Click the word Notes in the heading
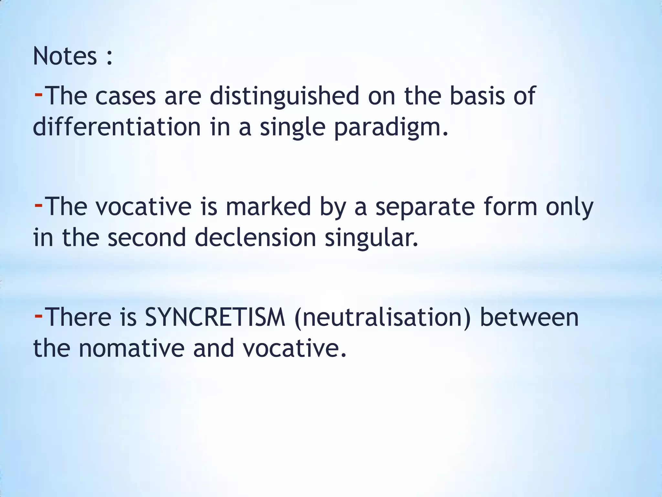point(65,56)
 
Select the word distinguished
point(284,96)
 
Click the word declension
point(255,238)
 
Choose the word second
point(147,238)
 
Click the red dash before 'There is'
point(38,316)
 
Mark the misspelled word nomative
point(132,348)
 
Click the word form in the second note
point(510,207)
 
